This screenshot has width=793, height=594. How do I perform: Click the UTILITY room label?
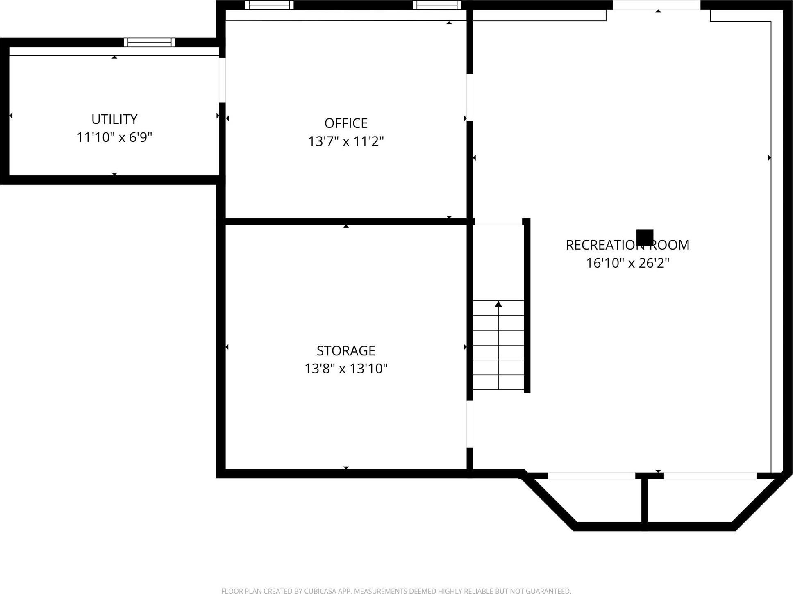pos(114,119)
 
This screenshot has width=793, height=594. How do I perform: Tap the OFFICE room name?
pos(346,123)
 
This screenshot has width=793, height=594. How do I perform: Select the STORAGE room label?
pos(346,350)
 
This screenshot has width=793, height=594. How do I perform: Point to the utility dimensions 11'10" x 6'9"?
pos(114,137)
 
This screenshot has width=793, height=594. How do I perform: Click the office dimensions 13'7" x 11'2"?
pos(346,141)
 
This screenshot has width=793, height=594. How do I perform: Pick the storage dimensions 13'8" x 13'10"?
pos(346,369)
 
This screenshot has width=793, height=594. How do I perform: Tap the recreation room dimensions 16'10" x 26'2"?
pos(627,263)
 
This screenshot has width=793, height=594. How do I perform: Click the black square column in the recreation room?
pos(645,237)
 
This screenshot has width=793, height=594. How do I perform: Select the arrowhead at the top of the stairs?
pos(498,304)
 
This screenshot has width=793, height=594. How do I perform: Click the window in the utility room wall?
pos(150,42)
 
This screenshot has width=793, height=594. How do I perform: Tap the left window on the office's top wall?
pos(269,5)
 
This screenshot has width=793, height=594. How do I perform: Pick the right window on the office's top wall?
pos(437,5)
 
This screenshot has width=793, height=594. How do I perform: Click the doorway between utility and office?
pos(222,80)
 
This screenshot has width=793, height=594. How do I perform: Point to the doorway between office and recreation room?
pos(470,98)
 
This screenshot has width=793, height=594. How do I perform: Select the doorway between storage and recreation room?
pos(470,423)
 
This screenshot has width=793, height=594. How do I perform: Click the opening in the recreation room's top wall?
pos(656,5)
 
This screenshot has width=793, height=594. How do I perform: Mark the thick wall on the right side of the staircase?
pos(527,305)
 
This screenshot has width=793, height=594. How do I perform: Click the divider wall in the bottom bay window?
pos(644,502)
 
